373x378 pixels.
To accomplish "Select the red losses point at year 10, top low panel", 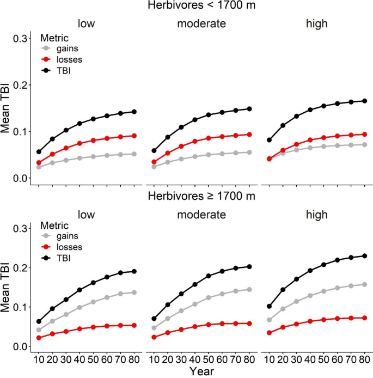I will coord(39,163).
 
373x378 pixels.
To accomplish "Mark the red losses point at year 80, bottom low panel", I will coord(134,325).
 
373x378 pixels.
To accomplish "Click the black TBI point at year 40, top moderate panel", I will coord(195,119).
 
